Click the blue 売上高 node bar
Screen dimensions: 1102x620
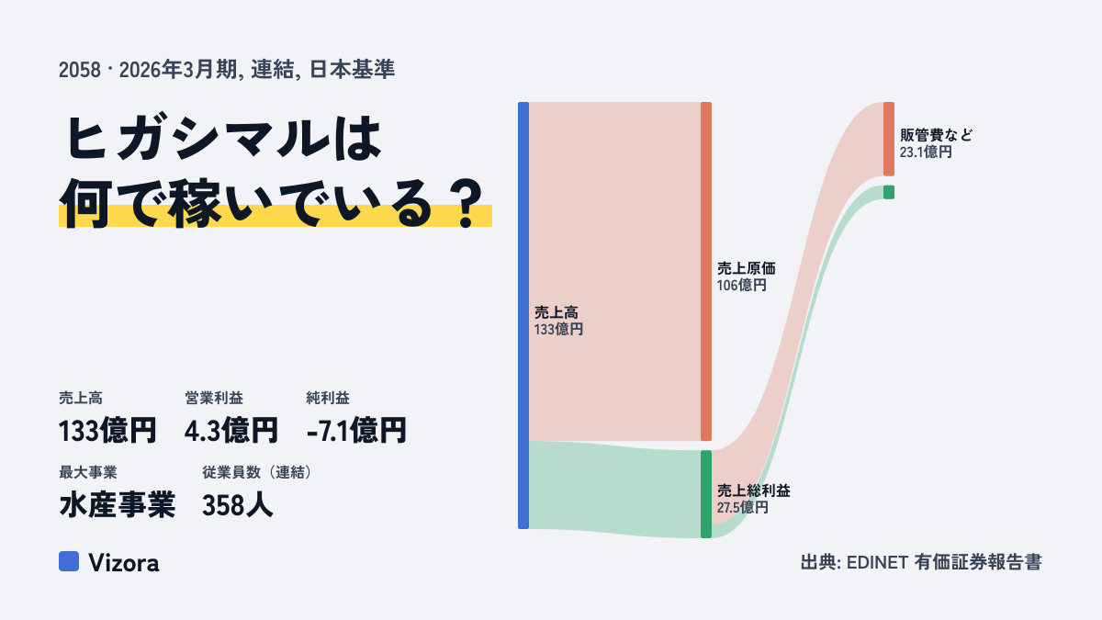[523, 315]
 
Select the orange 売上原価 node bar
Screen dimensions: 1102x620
[706, 271]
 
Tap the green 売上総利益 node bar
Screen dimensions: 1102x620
[706, 494]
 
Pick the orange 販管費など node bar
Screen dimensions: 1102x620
[889, 139]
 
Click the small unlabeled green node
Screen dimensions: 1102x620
[889, 192]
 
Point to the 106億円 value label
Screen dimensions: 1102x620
[741, 286]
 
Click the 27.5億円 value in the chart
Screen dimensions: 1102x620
[742, 507]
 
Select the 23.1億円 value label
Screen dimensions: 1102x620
[926, 152]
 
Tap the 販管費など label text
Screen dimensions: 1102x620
[936, 135]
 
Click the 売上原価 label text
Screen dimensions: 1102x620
[746, 268]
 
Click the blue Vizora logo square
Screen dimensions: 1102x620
[69, 561]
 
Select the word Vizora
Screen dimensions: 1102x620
[124, 563]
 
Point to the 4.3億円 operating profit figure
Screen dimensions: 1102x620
[231, 431]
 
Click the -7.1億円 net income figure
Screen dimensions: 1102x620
[356, 431]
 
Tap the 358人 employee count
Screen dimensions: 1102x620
[237, 505]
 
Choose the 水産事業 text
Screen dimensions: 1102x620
[118, 505]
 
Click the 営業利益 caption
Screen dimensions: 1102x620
[214, 398]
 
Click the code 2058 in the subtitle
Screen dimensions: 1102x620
[80, 71]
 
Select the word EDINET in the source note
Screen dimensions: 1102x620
[877, 563]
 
